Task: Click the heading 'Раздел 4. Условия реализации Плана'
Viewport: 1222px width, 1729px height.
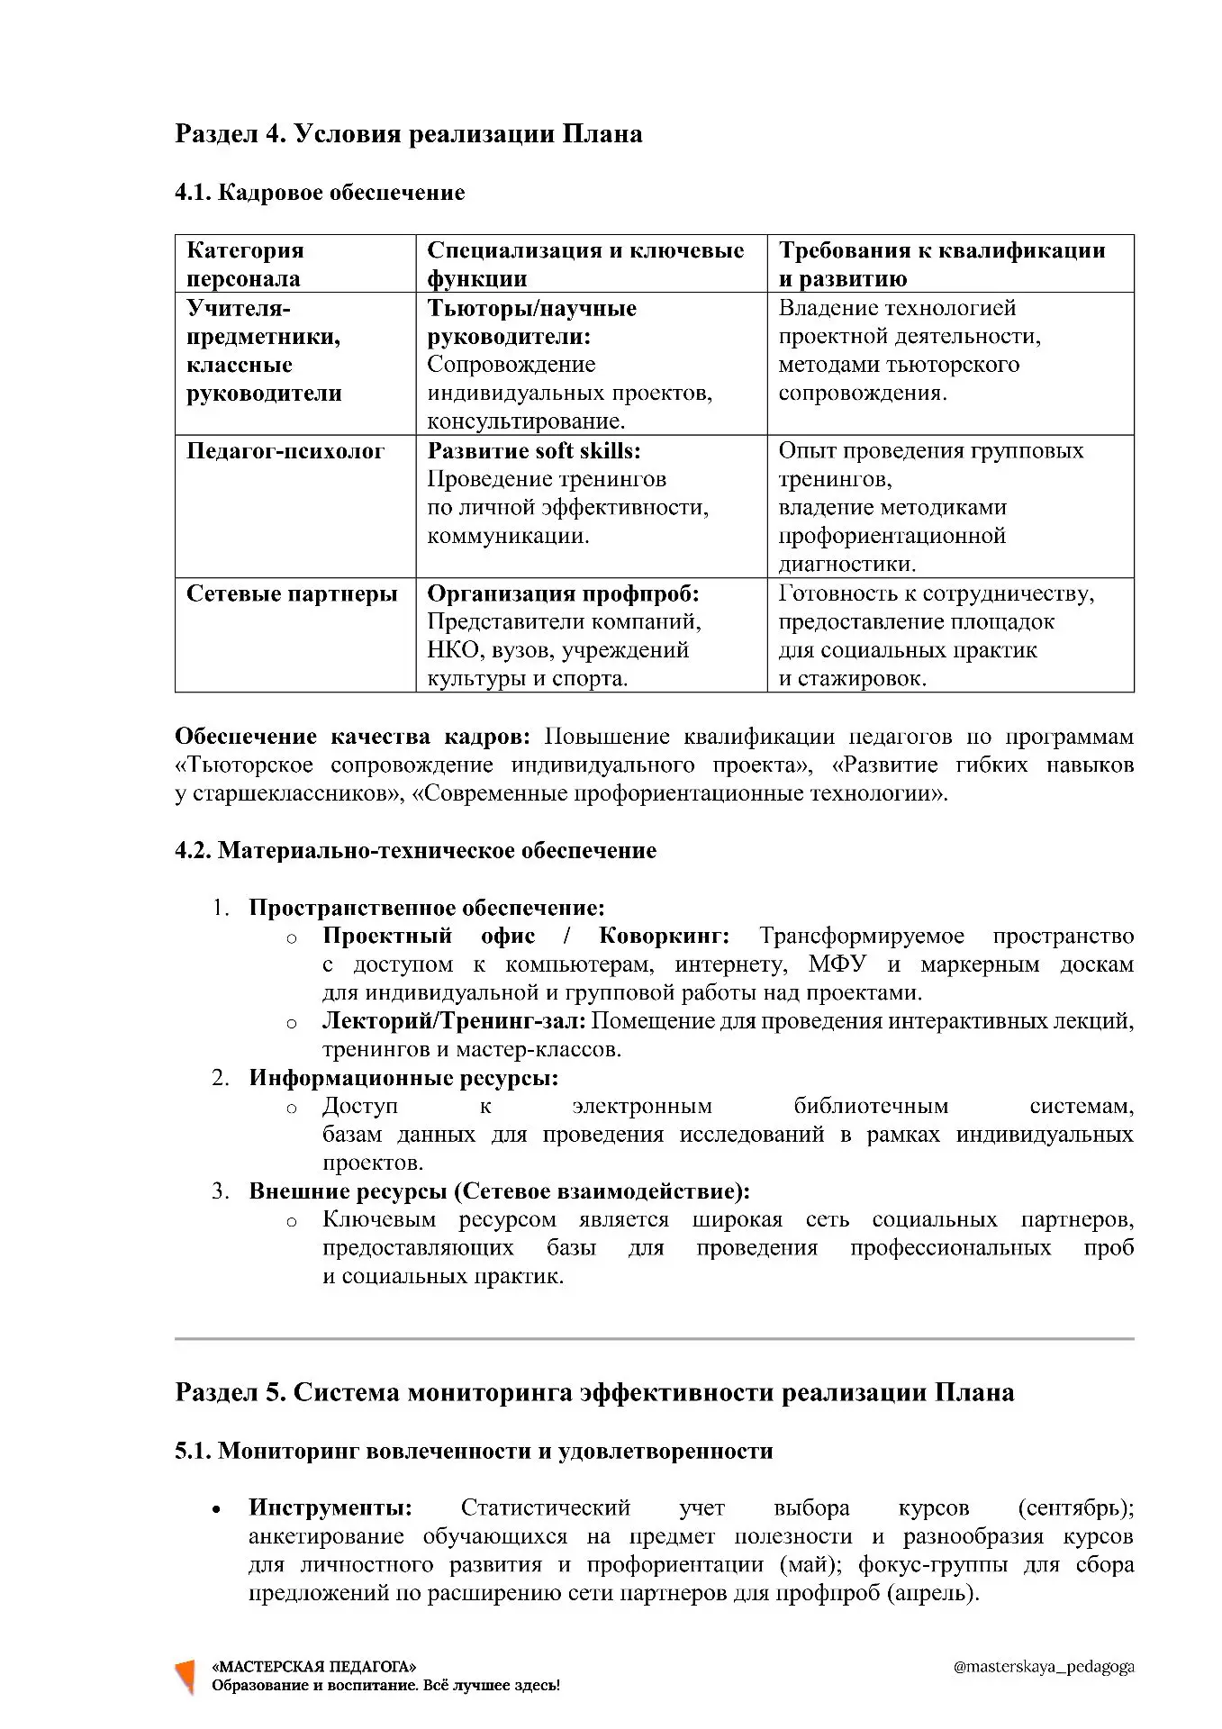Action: [x=408, y=134]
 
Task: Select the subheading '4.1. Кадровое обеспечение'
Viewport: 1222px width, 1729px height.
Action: [x=320, y=193]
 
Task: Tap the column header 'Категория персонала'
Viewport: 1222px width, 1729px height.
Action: [x=245, y=264]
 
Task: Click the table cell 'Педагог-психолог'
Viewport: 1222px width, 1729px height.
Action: [x=285, y=451]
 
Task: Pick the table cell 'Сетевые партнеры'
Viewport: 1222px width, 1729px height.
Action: [x=292, y=593]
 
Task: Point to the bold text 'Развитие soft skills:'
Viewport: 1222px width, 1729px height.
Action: [x=534, y=451]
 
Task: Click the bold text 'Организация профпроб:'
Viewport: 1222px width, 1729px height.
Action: [x=563, y=593]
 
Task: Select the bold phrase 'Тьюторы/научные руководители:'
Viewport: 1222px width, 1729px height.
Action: [x=532, y=322]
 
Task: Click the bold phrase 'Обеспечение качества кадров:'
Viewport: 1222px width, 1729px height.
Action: [x=352, y=737]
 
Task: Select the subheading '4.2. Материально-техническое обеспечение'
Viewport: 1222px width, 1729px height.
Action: [x=415, y=851]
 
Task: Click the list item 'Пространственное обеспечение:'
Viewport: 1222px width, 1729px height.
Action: [x=427, y=908]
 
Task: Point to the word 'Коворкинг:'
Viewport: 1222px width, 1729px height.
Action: [x=664, y=937]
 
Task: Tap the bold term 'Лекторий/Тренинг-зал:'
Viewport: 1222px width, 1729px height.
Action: [x=454, y=1021]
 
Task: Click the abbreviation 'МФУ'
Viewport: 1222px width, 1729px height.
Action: [x=837, y=964]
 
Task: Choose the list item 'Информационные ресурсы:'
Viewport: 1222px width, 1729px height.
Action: [x=403, y=1078]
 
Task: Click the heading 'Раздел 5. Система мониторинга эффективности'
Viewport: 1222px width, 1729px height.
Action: [x=594, y=1393]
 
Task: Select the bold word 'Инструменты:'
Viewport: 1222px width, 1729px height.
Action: [x=330, y=1507]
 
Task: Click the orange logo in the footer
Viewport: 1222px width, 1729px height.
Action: [x=186, y=1676]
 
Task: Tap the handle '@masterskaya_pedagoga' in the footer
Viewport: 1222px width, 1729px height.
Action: [x=1043, y=1667]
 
